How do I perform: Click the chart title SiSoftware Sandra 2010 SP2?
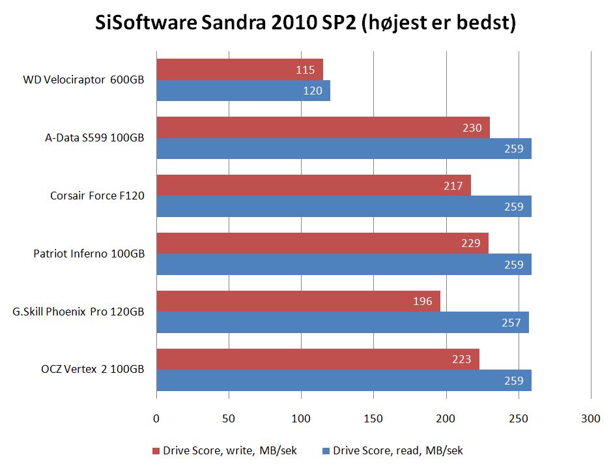306,24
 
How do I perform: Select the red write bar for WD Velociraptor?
239,70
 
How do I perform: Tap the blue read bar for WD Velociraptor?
243,91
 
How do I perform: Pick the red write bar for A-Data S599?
322,128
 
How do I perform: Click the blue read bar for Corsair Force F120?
343,207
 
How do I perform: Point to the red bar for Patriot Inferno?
322,243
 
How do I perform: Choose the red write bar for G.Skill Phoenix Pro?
298,301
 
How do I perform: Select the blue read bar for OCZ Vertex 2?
343,380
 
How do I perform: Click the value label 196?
423,301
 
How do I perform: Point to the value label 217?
453,186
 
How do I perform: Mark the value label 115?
306,70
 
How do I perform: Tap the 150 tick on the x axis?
373,419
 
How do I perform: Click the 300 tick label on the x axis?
590,419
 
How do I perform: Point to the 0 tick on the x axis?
156,419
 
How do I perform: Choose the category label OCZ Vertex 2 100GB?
93,370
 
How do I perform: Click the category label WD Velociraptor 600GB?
83,80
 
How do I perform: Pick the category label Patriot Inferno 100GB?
89,254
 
